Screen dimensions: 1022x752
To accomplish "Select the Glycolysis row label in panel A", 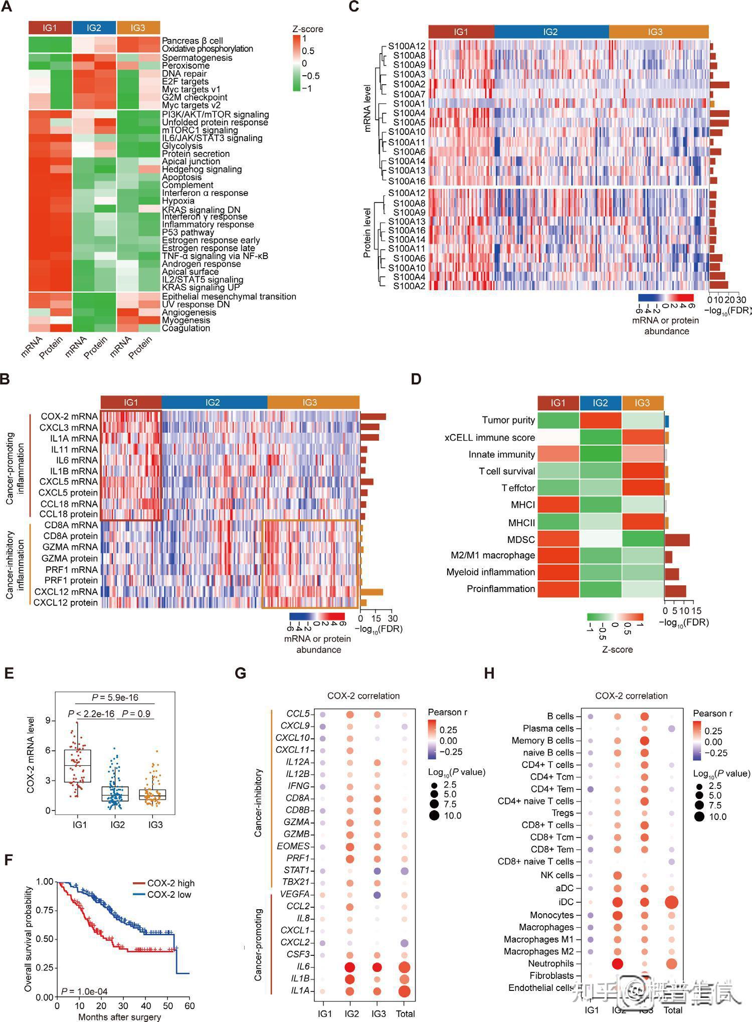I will (182, 146).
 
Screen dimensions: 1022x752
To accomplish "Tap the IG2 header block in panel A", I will (94, 28).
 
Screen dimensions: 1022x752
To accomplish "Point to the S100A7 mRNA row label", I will (409, 94).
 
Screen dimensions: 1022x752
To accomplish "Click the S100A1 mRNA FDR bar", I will (712, 104).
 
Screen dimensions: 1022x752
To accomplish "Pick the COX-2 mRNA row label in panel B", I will (69, 417).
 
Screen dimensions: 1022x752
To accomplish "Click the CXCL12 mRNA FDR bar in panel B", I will (371, 592).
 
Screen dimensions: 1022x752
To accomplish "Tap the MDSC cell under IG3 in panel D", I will (643, 539).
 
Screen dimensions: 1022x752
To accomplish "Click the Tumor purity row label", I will (508, 420).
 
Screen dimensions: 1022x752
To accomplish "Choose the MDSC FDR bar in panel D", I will (677, 540).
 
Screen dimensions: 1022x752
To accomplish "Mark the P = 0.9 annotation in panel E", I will (136, 714).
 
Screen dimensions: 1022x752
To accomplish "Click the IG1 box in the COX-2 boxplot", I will (78, 765).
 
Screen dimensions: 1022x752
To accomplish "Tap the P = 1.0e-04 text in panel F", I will (84, 991).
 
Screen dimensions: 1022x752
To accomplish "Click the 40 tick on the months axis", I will (146, 1005).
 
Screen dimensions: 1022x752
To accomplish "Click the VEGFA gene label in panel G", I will (295, 894).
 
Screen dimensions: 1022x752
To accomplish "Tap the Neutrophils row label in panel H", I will (550, 963).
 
